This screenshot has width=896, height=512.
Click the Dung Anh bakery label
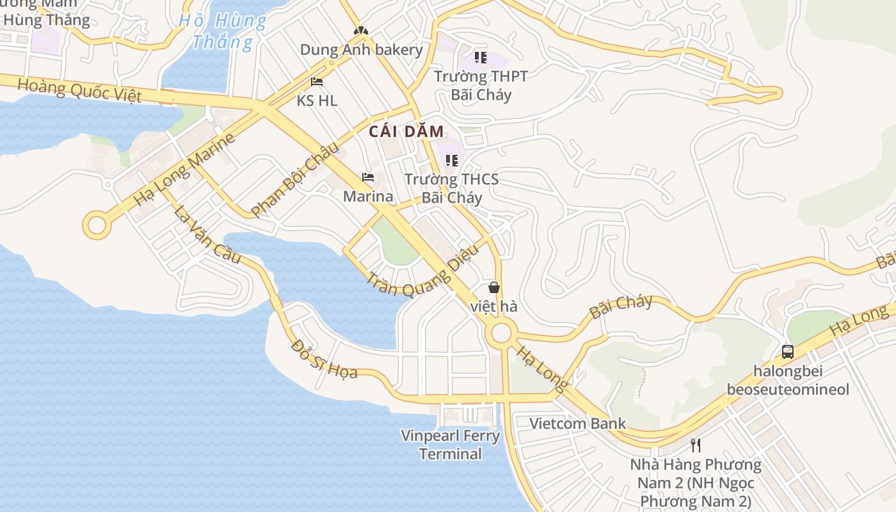[x=361, y=50]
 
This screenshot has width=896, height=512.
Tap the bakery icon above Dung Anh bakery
[x=361, y=30]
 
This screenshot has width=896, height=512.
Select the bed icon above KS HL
[x=317, y=82]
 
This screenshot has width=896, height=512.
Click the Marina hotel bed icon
[x=368, y=177]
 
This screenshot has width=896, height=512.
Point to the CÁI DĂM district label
[x=406, y=132]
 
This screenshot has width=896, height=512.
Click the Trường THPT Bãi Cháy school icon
[x=481, y=58]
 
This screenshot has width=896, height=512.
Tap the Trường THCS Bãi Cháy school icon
[x=452, y=160]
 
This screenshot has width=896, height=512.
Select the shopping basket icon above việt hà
[x=494, y=287]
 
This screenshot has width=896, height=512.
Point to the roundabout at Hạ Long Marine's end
[x=97, y=225]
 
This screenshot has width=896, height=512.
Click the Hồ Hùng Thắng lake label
[x=223, y=31]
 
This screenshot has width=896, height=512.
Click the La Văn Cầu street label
[x=208, y=234]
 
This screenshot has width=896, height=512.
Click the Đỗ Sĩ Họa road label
[x=324, y=359]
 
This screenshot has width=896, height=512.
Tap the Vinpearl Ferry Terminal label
[x=451, y=445]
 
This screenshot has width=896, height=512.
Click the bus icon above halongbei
[x=788, y=351]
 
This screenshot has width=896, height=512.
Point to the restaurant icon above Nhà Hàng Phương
[x=696, y=445]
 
